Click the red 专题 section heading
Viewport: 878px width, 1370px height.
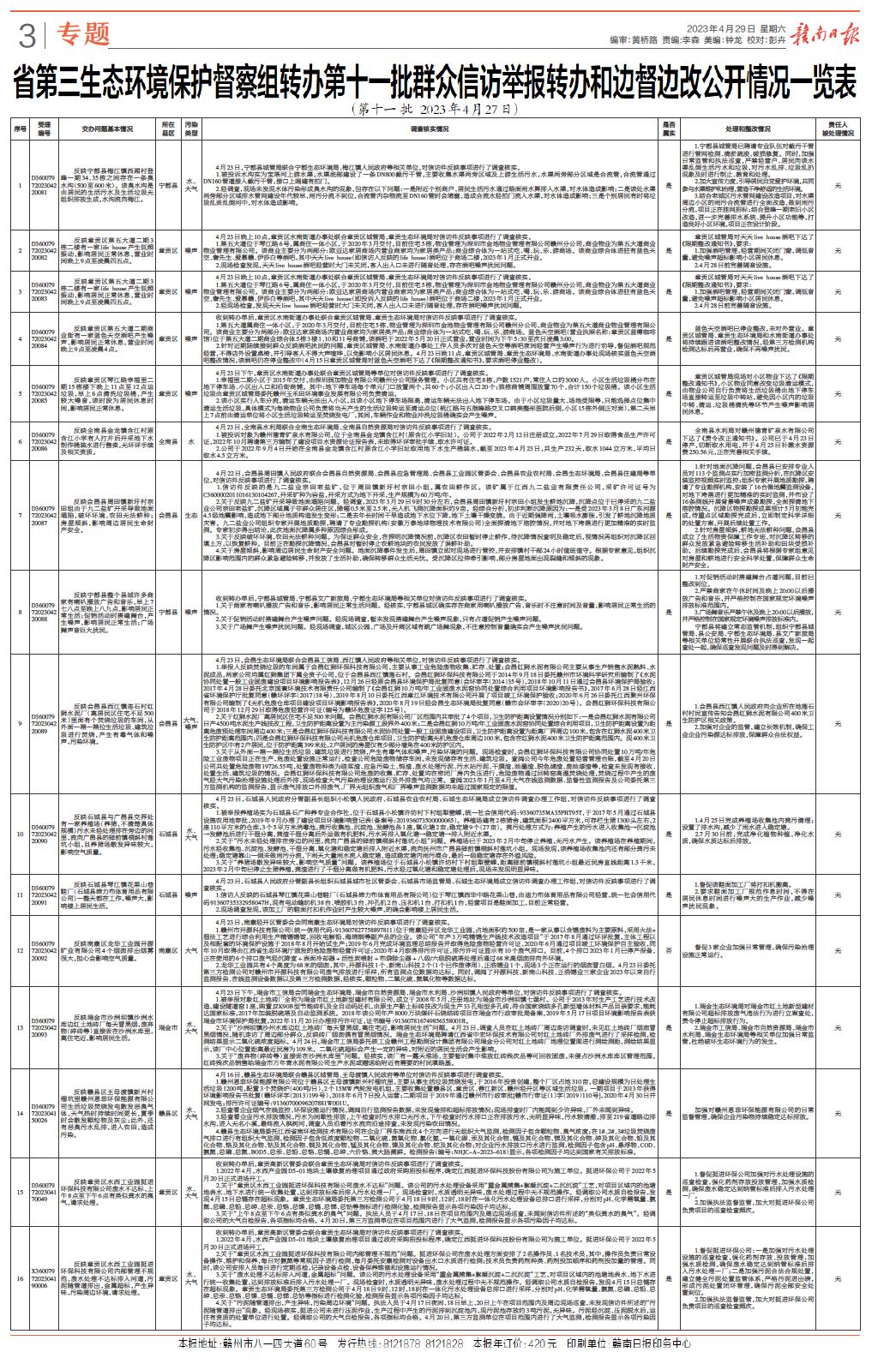pos(87,33)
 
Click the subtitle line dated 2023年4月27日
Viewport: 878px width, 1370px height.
pos(437,111)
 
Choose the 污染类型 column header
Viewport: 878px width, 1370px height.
pos(194,129)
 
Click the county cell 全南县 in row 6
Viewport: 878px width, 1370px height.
pos(169,442)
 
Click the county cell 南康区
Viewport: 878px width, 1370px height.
pos(169,952)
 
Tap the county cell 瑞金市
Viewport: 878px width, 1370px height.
pos(169,1026)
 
